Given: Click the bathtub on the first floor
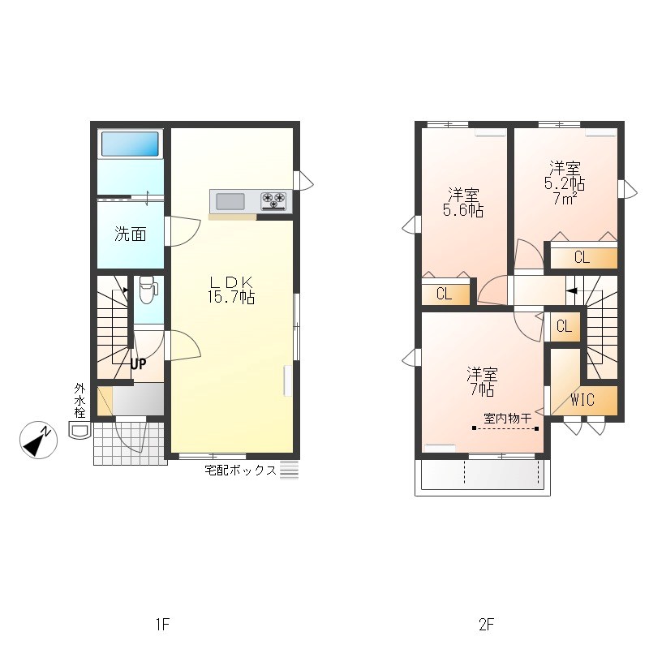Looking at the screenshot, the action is point(130,144).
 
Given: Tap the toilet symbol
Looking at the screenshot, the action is point(148,290).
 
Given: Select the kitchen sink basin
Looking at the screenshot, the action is point(230,201).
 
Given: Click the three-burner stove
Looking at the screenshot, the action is point(273,201).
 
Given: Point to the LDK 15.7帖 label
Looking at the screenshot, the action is point(231,290).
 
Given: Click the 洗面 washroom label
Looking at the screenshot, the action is point(131,234).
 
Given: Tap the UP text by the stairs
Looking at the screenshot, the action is point(138,364).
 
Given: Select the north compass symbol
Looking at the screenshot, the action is point(38,440).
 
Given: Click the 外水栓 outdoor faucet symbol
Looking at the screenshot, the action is point(80,431).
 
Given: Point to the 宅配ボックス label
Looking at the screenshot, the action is point(240,471).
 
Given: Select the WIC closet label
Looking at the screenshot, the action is point(582,400).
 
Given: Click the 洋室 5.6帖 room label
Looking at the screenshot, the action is point(463,202).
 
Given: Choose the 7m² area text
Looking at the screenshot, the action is point(565,199).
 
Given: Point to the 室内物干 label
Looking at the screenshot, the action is point(508,419).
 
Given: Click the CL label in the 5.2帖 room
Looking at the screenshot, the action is point(582,257).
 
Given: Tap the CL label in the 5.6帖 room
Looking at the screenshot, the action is point(444,294).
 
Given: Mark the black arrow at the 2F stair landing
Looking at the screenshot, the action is point(572,291).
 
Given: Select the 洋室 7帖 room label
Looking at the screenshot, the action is point(482,382).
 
